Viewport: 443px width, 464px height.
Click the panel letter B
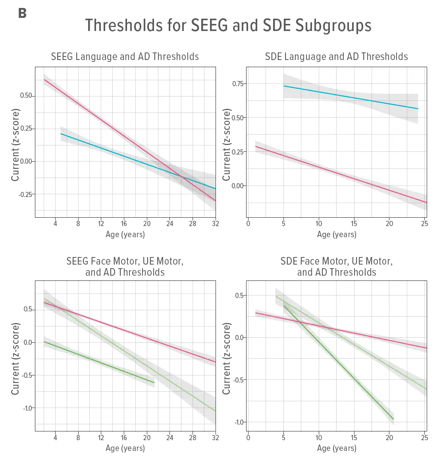coord(22,14)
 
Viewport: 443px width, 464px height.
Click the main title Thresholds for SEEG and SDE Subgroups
coord(228,25)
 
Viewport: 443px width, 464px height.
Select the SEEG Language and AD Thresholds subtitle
coord(125,57)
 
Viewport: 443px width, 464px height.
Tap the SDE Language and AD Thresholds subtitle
coord(336,57)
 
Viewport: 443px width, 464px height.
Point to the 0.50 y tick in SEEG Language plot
coord(26,96)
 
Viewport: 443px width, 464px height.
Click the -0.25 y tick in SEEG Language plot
coord(25,194)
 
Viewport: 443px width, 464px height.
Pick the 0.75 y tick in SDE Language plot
coord(238,83)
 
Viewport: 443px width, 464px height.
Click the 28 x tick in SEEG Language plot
coord(193,224)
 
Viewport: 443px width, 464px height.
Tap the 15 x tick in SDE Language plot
coord(354,224)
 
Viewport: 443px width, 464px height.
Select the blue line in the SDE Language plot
coord(349,97)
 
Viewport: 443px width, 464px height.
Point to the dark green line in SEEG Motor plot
coord(99,362)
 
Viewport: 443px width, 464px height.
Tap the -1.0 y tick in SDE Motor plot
coord(239,422)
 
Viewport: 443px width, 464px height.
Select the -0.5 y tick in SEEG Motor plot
coord(27,375)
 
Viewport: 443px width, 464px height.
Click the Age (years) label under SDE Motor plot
coord(337,448)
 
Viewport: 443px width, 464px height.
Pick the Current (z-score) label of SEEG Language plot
coord(15,145)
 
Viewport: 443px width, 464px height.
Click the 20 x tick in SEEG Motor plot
coord(147,438)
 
